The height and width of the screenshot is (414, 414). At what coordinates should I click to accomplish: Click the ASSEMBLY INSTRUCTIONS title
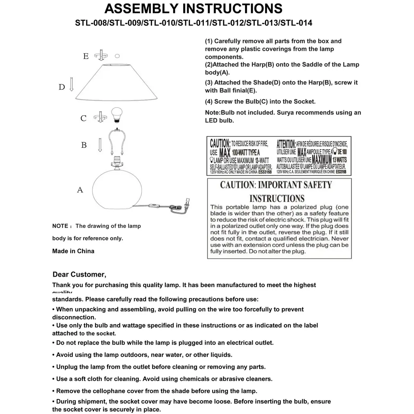pyautogui.click(x=193, y=8)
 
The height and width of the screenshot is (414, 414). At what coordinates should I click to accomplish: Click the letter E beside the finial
pyautogui.click(x=86, y=56)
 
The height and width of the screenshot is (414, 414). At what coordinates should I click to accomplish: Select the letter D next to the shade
pyautogui.click(x=62, y=87)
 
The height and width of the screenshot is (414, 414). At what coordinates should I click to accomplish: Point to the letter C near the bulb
pyautogui.click(x=83, y=118)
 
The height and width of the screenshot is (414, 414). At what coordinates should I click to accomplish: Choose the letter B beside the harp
pyautogui.click(x=84, y=145)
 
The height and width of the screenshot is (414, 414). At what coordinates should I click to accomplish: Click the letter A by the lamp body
pyautogui.click(x=80, y=190)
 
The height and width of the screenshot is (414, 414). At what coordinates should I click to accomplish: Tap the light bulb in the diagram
pyautogui.click(x=116, y=114)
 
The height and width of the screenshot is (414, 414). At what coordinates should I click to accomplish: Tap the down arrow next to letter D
pyautogui.click(x=72, y=84)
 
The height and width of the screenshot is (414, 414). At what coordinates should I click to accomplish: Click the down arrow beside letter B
pyautogui.click(x=99, y=144)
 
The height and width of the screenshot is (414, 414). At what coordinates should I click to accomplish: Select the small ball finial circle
pyautogui.click(x=118, y=55)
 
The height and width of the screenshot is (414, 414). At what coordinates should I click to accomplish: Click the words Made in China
pyautogui.click(x=73, y=251)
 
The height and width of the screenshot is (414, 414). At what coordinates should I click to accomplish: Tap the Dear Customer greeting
pyautogui.click(x=79, y=275)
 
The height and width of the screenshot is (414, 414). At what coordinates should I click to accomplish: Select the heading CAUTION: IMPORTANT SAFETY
pyautogui.click(x=276, y=185)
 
